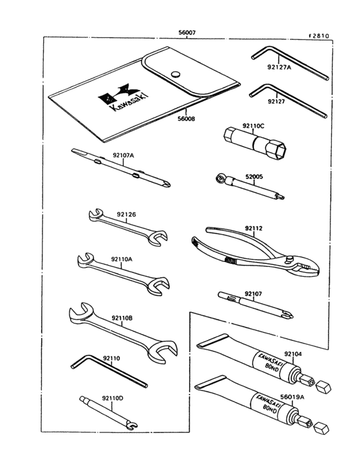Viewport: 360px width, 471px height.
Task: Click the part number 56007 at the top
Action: coord(187,32)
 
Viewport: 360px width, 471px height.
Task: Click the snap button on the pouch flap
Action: coord(175,73)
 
